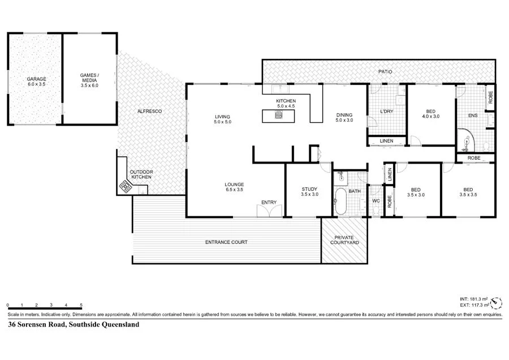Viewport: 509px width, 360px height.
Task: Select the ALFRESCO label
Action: (150, 112)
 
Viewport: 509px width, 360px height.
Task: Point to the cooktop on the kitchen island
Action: (278, 115)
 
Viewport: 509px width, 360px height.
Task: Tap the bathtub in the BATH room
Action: (340, 202)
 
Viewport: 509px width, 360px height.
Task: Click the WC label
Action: (376, 200)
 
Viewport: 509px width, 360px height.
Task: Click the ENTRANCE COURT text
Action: (226, 242)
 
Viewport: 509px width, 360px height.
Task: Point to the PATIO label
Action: (385, 72)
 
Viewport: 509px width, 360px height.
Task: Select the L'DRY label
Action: (386, 112)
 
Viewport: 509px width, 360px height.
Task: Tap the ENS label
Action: (473, 116)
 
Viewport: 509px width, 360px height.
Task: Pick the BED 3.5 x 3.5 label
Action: (468, 192)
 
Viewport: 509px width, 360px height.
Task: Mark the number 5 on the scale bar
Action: (81, 305)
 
